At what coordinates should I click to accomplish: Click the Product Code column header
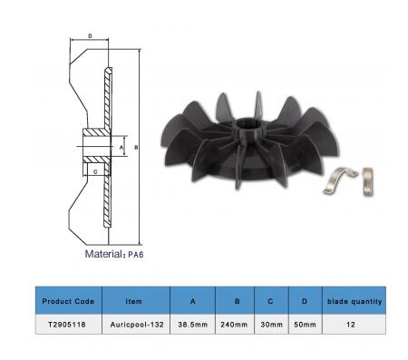[68, 301]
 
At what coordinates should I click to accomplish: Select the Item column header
[133, 301]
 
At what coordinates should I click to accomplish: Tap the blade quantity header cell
[355, 301]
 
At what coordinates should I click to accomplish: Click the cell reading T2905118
[67, 325]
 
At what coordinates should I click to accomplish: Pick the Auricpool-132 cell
[137, 325]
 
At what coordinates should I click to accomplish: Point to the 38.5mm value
[193, 325]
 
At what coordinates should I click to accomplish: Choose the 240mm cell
[234, 325]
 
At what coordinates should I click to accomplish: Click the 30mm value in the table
[271, 325]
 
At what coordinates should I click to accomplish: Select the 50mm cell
[305, 325]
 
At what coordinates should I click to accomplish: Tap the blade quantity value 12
[351, 325]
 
